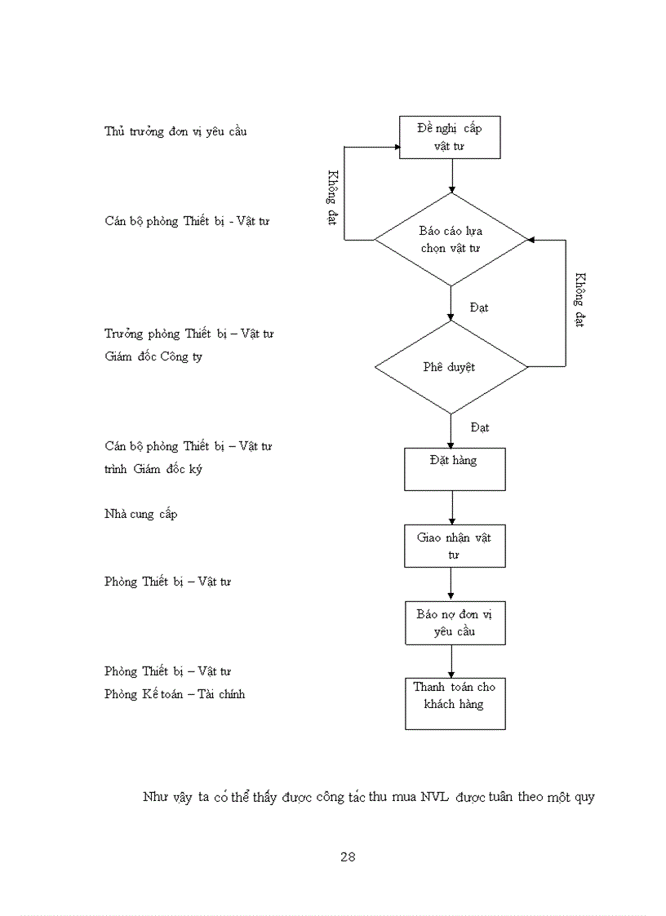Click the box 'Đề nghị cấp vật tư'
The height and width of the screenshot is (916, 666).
pyautogui.click(x=449, y=137)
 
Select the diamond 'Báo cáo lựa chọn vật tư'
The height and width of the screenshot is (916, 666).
pyautogui.click(x=451, y=239)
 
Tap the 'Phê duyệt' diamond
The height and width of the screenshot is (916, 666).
pyautogui.click(x=450, y=367)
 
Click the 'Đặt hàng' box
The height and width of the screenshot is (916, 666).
pyautogui.click(x=455, y=468)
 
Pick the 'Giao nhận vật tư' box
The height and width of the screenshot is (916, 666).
pyautogui.click(x=455, y=546)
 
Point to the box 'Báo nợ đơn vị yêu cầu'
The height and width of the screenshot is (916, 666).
pyautogui.click(x=455, y=622)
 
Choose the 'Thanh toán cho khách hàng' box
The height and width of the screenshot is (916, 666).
pyautogui.click(x=455, y=702)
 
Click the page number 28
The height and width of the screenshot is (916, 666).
pyautogui.click(x=348, y=856)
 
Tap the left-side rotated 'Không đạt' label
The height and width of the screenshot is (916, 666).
pyautogui.click(x=333, y=198)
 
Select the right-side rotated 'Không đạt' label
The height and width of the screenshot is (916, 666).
pyautogui.click(x=579, y=300)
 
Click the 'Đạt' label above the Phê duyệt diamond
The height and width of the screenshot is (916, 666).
pyautogui.click(x=480, y=308)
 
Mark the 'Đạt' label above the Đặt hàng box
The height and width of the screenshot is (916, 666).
pyautogui.click(x=480, y=427)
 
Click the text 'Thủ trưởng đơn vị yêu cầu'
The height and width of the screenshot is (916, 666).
pyautogui.click(x=175, y=131)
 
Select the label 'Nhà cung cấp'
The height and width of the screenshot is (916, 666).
pyautogui.click(x=140, y=514)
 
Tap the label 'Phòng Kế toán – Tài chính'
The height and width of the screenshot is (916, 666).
pyautogui.click(x=175, y=694)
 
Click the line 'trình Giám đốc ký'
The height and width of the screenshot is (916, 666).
pyautogui.click(x=153, y=469)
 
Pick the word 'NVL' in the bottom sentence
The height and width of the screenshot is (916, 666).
pyautogui.click(x=435, y=797)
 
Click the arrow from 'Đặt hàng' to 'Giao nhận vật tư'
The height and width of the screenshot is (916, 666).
pyautogui.click(x=451, y=507)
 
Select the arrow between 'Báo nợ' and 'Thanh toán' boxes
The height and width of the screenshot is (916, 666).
pyautogui.click(x=451, y=660)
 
